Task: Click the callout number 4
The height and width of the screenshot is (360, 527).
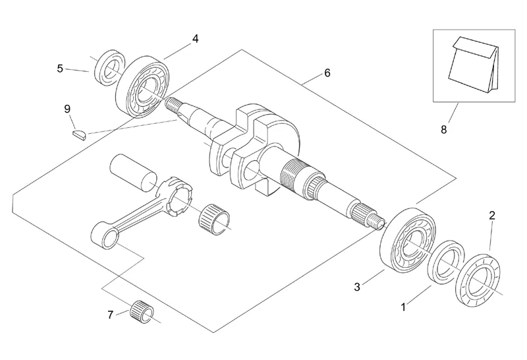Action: coord(195,39)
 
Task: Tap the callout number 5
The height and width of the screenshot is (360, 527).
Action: coord(60,69)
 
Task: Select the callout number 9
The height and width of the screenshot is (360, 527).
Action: coord(67,109)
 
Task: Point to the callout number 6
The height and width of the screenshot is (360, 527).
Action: coord(327,73)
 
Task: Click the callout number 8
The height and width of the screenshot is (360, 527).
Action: coord(443,129)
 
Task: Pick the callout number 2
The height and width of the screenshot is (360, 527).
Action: coord(492,216)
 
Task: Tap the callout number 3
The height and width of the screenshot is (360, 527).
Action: coord(357,287)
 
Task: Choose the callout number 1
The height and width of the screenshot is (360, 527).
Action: coord(404,307)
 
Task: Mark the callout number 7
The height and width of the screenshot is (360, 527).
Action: coord(110,315)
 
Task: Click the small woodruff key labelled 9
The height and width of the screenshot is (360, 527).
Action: coord(80,135)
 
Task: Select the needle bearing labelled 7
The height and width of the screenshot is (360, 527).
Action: coord(142,311)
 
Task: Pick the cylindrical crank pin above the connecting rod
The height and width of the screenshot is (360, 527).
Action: coord(134,172)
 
